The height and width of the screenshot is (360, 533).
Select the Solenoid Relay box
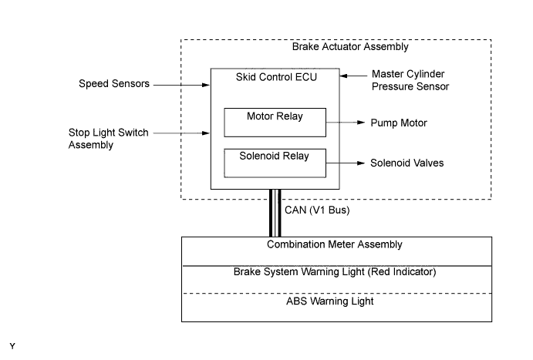click(x=275, y=162)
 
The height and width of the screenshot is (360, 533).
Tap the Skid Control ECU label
click(x=275, y=76)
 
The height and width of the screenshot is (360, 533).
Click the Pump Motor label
click(x=398, y=123)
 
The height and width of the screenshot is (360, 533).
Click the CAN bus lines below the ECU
click(x=275, y=212)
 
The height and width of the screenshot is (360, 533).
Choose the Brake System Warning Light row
click(x=335, y=272)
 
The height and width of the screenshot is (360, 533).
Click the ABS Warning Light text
click(x=335, y=301)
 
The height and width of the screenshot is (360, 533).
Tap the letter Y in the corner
click(x=12, y=346)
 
